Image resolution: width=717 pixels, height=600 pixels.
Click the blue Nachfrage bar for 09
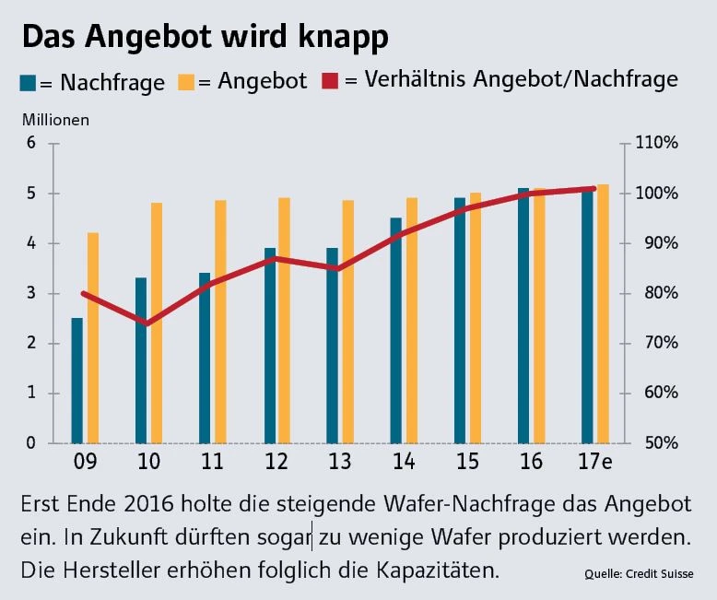(x=77, y=380)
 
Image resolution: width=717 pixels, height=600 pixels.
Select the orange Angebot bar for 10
(x=157, y=323)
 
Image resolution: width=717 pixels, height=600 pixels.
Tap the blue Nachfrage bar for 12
(x=270, y=346)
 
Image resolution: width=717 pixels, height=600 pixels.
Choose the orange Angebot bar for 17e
(x=603, y=313)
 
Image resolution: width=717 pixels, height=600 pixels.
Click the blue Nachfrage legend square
(x=29, y=82)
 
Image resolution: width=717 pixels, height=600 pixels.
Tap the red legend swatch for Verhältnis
(x=330, y=81)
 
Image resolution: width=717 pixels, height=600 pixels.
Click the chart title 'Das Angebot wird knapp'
(x=205, y=37)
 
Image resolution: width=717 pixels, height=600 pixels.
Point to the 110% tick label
(x=656, y=144)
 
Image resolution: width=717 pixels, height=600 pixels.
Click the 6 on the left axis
(x=31, y=144)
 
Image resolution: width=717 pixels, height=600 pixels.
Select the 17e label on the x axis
(x=594, y=460)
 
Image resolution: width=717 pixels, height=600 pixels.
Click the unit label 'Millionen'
(x=57, y=119)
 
